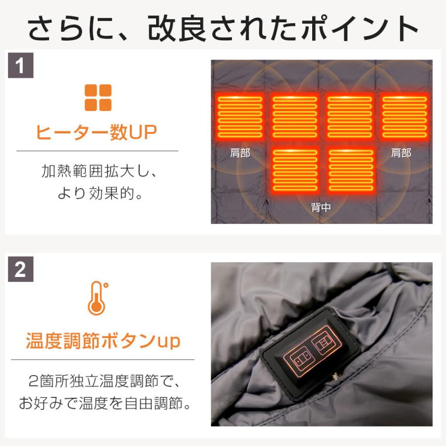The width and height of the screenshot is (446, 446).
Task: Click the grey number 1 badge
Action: (20, 66)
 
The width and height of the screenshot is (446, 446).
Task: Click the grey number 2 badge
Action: (20, 270)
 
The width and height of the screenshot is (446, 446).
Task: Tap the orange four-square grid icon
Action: (98, 98)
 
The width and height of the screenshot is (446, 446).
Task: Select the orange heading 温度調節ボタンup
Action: (103, 341)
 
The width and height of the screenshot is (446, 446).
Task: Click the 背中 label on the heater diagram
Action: (321, 207)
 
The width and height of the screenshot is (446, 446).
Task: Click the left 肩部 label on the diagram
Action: (240, 153)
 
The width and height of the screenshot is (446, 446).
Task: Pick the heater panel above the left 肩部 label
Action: (240, 117)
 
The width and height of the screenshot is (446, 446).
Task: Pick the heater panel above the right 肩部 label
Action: (404, 117)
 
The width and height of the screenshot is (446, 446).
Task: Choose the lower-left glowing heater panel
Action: (295, 170)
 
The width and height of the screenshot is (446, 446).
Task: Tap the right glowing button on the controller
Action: (324, 342)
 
